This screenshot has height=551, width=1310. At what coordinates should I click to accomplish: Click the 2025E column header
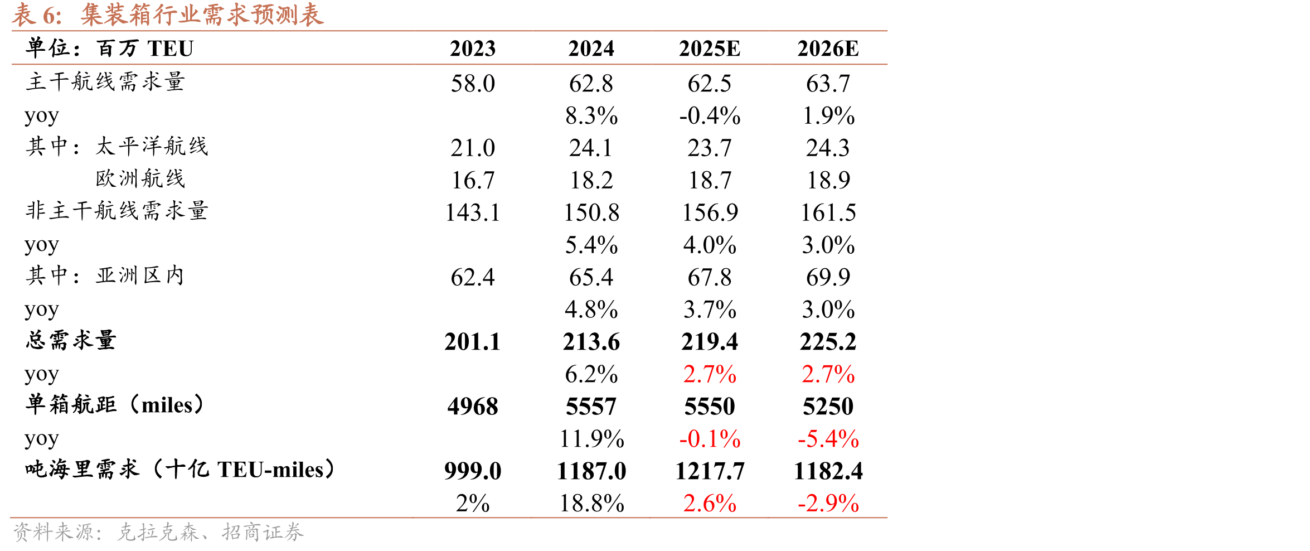(710, 49)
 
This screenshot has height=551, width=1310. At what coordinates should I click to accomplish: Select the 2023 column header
(473, 49)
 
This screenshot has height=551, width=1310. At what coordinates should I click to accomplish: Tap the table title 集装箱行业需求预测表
(202, 14)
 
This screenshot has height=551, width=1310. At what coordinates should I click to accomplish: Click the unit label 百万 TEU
(145, 49)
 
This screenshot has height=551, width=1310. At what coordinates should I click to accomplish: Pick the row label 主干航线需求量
(105, 82)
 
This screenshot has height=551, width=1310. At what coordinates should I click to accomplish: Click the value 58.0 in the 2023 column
(473, 84)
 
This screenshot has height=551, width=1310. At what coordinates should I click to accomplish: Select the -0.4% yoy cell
(710, 116)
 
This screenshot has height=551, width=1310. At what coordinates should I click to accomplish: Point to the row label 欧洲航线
(140, 178)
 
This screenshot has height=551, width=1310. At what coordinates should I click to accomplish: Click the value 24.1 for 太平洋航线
(591, 148)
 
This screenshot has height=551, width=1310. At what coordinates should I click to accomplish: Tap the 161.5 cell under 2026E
(828, 213)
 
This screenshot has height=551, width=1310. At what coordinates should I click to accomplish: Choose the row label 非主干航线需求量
(117, 211)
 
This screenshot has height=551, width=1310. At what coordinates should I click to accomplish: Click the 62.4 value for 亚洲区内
(473, 277)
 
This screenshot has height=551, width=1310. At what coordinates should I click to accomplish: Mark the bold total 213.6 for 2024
(591, 342)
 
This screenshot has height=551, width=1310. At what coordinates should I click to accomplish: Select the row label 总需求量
(70, 340)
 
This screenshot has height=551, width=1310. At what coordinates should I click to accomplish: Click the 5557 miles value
(591, 407)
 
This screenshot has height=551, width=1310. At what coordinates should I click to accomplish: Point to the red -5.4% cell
(828, 439)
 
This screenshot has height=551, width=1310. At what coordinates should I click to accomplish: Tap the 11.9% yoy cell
(591, 439)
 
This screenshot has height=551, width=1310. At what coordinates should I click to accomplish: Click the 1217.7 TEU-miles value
(710, 471)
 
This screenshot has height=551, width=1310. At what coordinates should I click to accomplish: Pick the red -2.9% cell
(828, 504)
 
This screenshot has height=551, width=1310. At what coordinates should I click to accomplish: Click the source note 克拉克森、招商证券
(210, 532)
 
